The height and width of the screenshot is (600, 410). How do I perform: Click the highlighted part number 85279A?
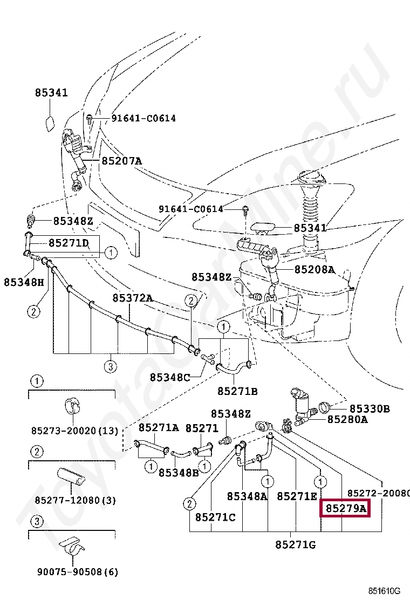tap(345, 508)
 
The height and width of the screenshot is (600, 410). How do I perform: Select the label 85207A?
tap(121, 161)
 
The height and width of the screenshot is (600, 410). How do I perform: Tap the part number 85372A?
tap(133, 298)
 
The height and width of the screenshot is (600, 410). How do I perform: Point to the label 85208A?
tap(315, 269)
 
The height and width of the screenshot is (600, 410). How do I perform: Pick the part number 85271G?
tap(295, 545)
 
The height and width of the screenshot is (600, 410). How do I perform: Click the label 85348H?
tap(24, 282)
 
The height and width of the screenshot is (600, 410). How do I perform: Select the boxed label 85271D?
tap(69, 243)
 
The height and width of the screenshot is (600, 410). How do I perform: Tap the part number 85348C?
tap(170, 377)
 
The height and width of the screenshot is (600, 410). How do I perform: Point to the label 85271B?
tap(237, 391)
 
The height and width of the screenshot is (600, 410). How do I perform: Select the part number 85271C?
tap(215, 517)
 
